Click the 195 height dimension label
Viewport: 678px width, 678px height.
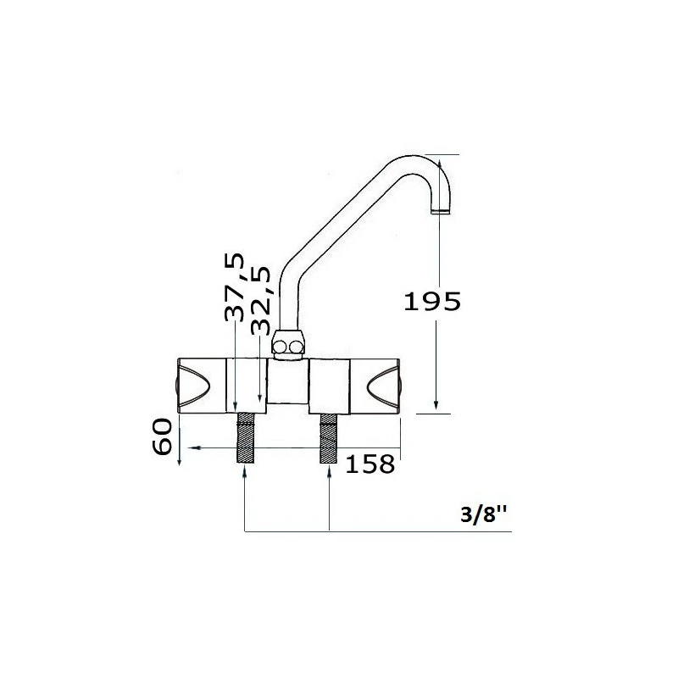click(432, 302)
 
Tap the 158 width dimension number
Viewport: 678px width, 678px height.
click(370, 464)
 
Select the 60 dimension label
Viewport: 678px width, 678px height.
click(163, 436)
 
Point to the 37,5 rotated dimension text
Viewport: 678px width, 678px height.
click(235, 287)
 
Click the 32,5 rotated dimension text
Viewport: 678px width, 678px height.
click(261, 301)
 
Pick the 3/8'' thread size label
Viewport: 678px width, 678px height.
click(484, 514)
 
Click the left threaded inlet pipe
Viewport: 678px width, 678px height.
click(246, 438)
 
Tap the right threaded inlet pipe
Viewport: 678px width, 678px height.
click(328, 438)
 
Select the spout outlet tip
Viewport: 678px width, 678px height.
click(441, 211)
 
